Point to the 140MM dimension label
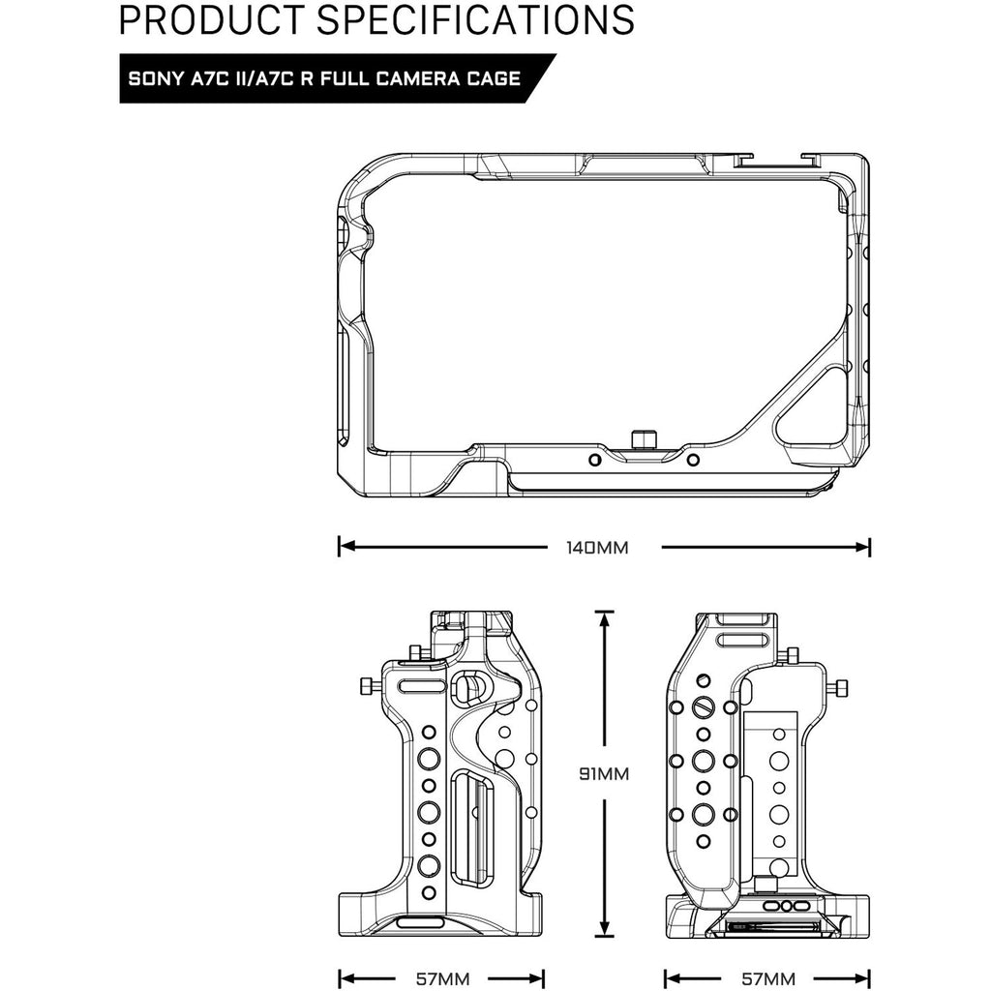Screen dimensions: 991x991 597,548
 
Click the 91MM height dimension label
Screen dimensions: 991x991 604,773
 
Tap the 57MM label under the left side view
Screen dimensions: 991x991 443,979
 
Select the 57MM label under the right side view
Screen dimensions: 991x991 768,979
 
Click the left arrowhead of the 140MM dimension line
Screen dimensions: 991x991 345,547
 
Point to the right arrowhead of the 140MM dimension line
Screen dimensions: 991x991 863,547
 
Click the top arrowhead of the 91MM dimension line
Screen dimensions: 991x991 605,619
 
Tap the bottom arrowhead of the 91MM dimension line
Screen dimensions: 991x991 605,927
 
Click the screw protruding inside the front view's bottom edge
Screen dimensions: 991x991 644,440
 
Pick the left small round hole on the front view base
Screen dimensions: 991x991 595,460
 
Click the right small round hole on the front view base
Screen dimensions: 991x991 693,460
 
